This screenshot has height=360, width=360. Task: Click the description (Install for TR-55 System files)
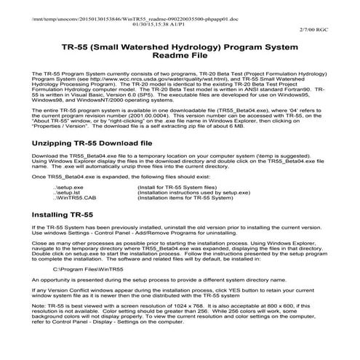179,188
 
